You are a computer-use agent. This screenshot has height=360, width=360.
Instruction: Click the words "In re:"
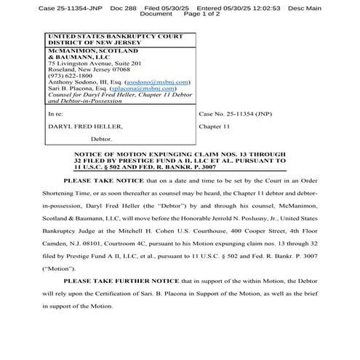click(x=55, y=114)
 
